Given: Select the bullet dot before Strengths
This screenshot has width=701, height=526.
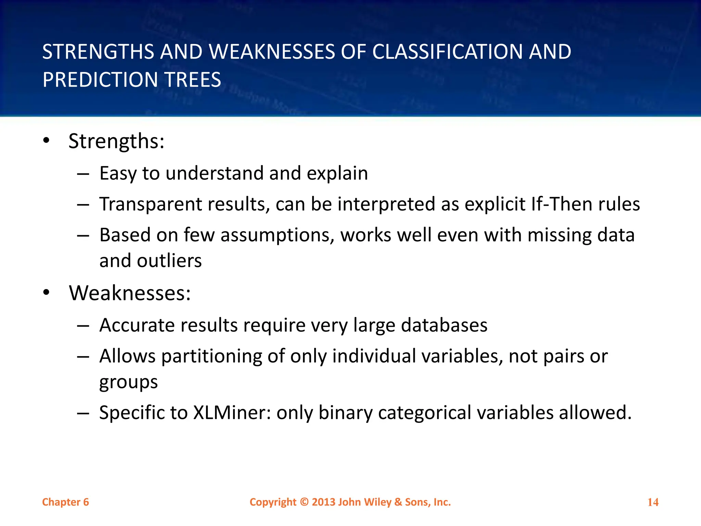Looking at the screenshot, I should click(x=47, y=141).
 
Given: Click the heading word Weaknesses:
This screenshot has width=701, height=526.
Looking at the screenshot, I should click(x=130, y=293).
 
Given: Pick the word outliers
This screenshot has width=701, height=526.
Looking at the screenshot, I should click(x=169, y=261).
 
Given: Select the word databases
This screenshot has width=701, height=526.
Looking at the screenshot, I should click(x=444, y=325).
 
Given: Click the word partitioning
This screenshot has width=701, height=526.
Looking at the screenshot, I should click(x=212, y=356).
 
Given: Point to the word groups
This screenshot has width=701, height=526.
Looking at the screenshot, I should click(x=128, y=382).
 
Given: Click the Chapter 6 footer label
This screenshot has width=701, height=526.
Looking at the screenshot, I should click(x=65, y=502).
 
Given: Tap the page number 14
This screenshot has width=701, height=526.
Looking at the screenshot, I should click(x=653, y=502).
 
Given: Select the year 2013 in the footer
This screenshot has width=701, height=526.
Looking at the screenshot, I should click(x=323, y=502).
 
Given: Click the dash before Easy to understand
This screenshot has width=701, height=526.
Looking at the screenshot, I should click(x=83, y=174).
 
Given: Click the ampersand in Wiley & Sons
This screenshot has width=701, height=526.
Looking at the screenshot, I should click(x=398, y=502).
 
